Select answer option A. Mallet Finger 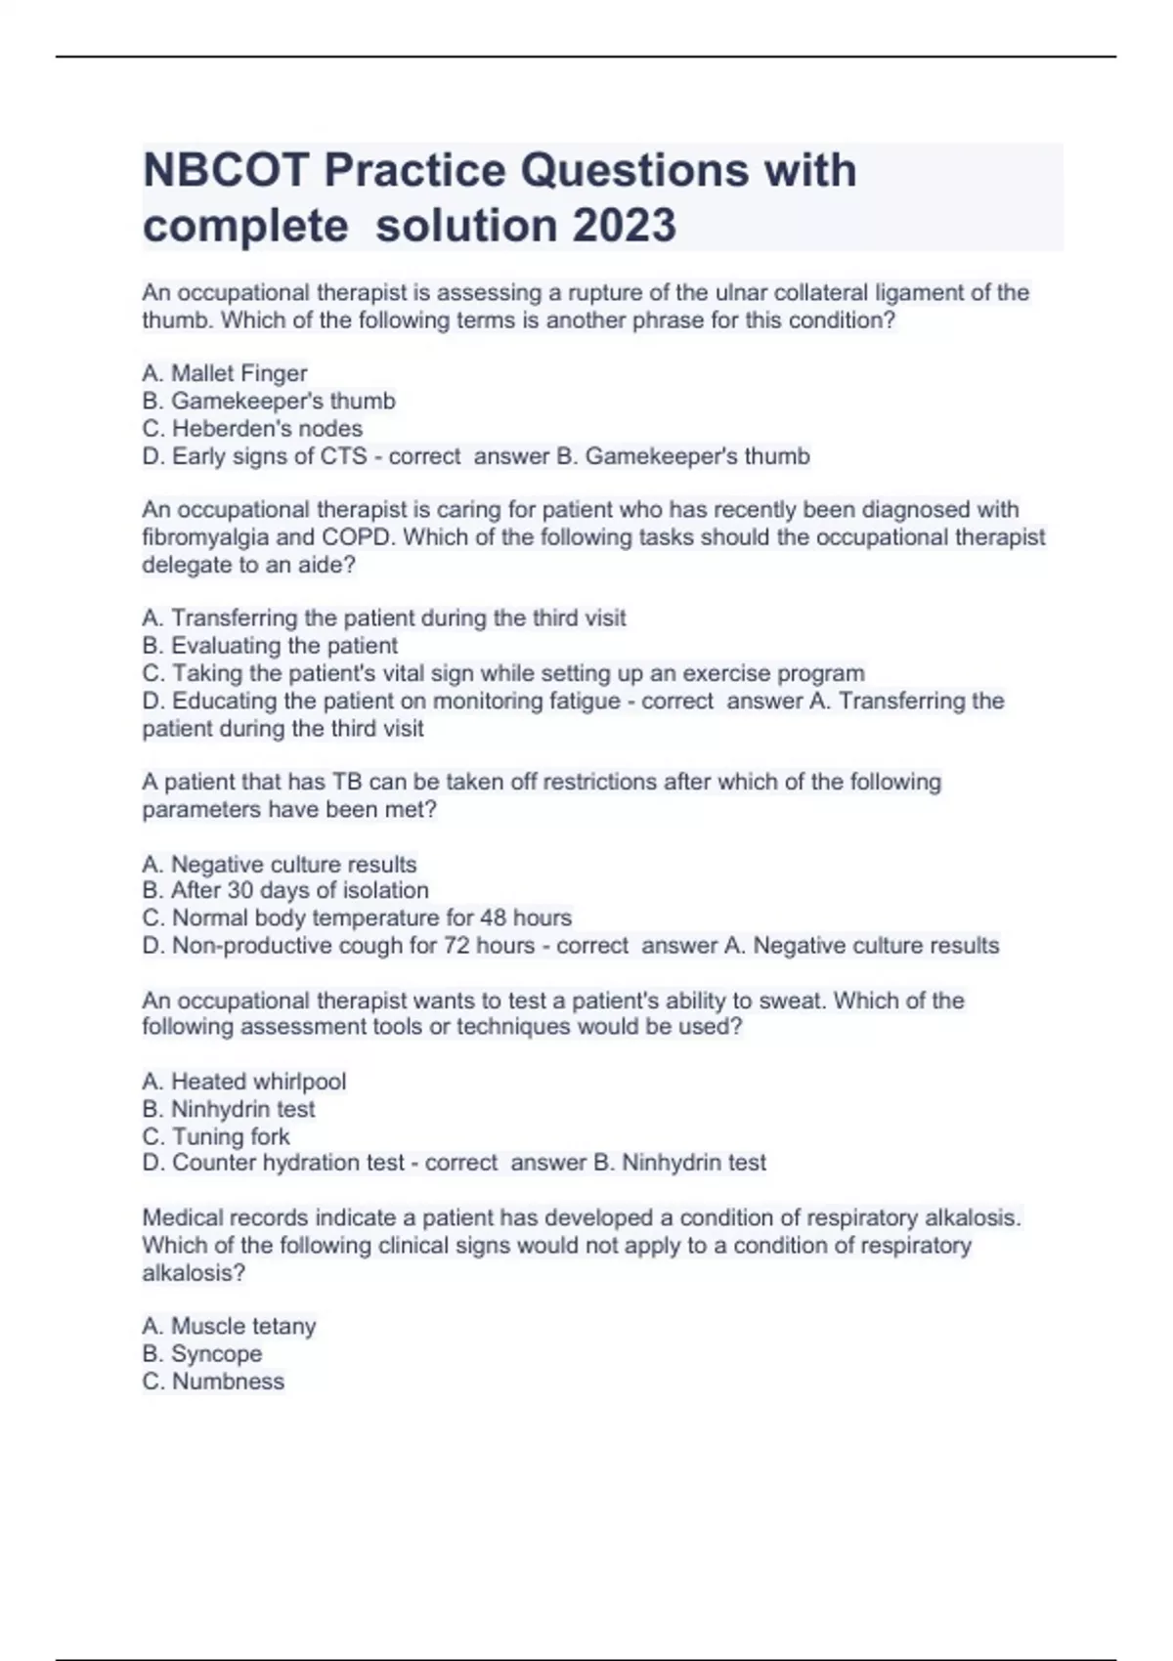pyautogui.click(x=225, y=373)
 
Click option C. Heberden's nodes pyautogui.click(x=252, y=428)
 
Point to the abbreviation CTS pyautogui.click(x=343, y=456)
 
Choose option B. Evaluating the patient pyautogui.click(x=270, y=646)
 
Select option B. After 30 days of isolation pyautogui.click(x=285, y=890)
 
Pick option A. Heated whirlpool pyautogui.click(x=244, y=1082)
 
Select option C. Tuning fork pyautogui.click(x=216, y=1136)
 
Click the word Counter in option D pyautogui.click(x=211, y=1163)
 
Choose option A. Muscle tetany pyautogui.click(x=229, y=1326)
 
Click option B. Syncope pyautogui.click(x=202, y=1353)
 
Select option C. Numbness pyautogui.click(x=213, y=1381)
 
